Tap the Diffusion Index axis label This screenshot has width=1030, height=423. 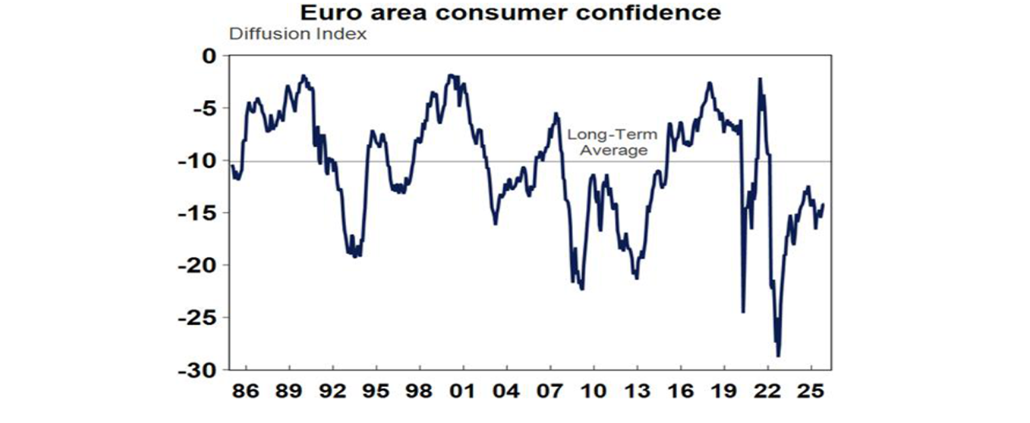click(x=298, y=34)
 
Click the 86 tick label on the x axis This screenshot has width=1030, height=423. click(x=246, y=391)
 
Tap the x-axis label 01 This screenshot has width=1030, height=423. click(x=463, y=391)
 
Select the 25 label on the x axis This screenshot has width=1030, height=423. click(x=811, y=391)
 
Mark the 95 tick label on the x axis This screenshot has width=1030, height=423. click(x=376, y=391)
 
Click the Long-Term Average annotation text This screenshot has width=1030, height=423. click(x=613, y=142)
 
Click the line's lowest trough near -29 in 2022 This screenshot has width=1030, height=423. click(x=779, y=356)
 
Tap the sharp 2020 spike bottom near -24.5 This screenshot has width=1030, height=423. click(x=743, y=312)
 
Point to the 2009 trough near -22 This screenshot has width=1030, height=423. click(x=582, y=289)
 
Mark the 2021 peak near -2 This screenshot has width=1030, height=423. click(x=760, y=79)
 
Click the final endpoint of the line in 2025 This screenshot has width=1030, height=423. click(x=823, y=205)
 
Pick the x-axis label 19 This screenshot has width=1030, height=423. click(x=724, y=391)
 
